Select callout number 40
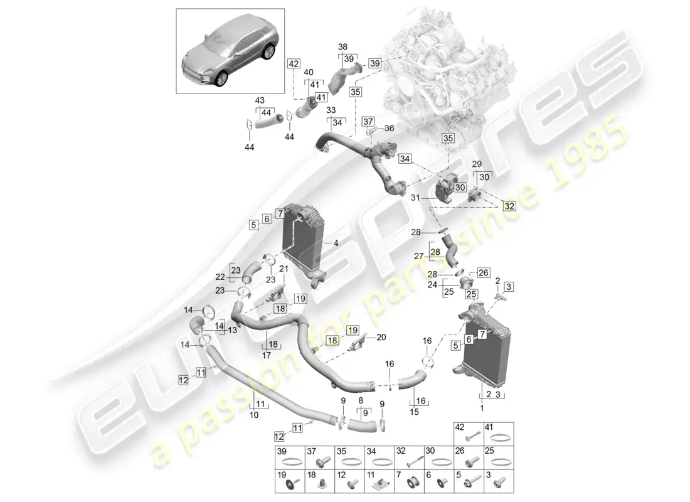point(309,72)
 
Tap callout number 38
point(342,46)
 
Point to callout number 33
point(330,109)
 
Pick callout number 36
point(389,128)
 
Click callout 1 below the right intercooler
point(481,409)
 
